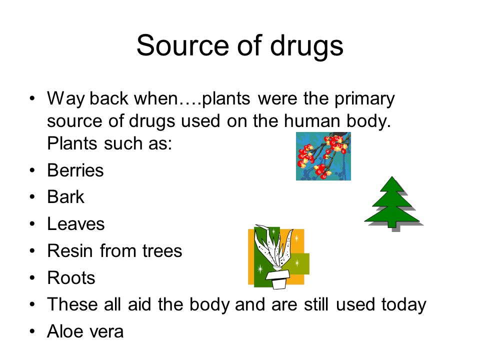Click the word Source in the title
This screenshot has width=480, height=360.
pos(183,45)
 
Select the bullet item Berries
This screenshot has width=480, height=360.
pos(75,170)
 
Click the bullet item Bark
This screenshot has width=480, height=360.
pos(65,196)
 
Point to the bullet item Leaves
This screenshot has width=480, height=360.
pos(76,224)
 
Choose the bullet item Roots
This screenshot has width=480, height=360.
pos(71,277)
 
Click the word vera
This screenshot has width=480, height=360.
pos(105,332)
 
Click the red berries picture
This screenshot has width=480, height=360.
pos(323,156)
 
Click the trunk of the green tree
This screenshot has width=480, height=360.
pos(392,224)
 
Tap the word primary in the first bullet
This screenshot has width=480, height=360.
pos(364,99)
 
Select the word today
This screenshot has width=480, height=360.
pos(404,305)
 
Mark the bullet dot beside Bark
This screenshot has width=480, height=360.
pos(32,197)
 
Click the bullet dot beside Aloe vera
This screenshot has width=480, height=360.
pos(32,331)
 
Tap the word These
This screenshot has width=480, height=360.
pos(72,304)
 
